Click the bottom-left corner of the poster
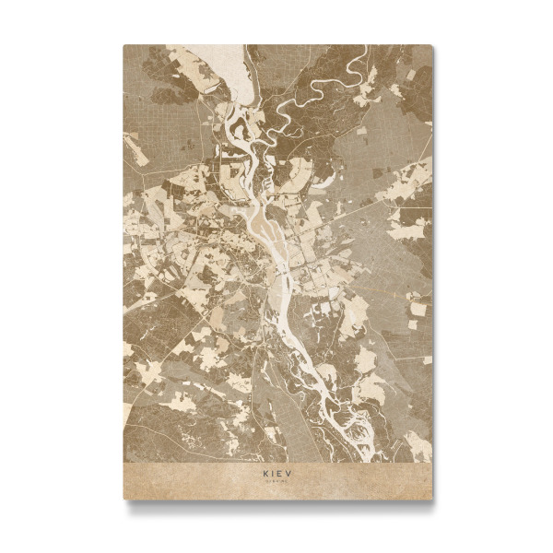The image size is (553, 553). (x=124, y=499)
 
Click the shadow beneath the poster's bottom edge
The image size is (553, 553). (x=276, y=504)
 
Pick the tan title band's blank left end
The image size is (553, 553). (x=166, y=479)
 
